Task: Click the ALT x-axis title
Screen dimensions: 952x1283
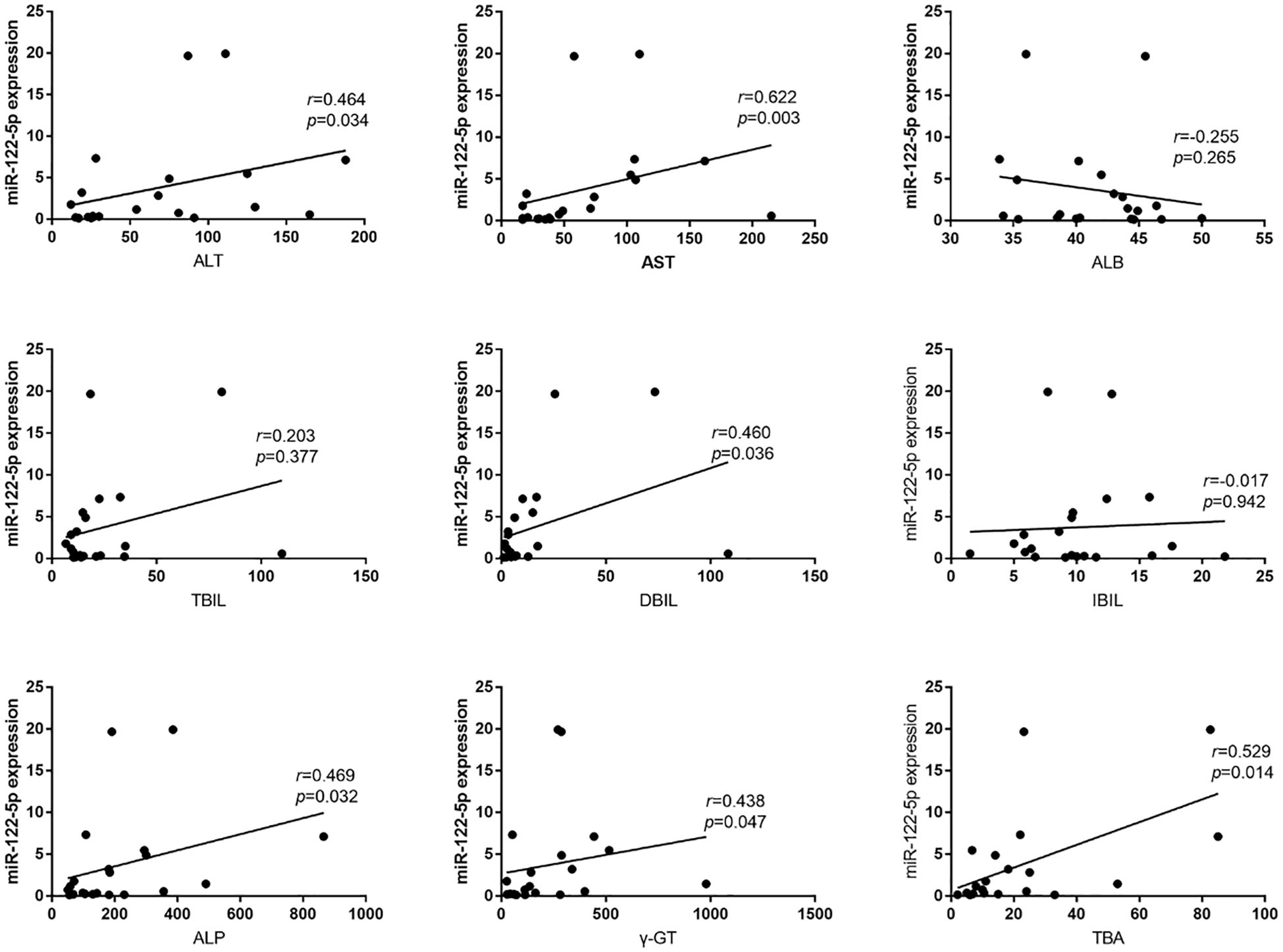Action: tap(209, 261)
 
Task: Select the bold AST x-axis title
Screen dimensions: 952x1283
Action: tap(658, 263)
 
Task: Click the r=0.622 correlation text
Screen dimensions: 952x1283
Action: tap(767, 97)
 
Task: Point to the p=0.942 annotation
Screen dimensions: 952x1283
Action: tap(1234, 502)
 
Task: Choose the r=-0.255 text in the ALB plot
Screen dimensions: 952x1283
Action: tap(1206, 137)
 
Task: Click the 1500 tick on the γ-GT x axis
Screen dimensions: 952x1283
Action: tap(814, 914)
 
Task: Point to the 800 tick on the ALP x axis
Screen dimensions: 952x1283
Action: tap(303, 914)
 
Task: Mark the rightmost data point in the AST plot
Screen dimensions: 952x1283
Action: tap(771, 216)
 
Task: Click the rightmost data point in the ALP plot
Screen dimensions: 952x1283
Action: tap(323, 836)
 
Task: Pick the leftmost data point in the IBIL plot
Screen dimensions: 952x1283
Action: tap(970, 553)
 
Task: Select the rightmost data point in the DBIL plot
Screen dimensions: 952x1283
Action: tap(727, 553)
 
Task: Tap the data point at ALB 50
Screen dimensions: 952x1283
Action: tap(1201, 218)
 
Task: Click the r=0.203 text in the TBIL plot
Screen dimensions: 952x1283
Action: tap(285, 436)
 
